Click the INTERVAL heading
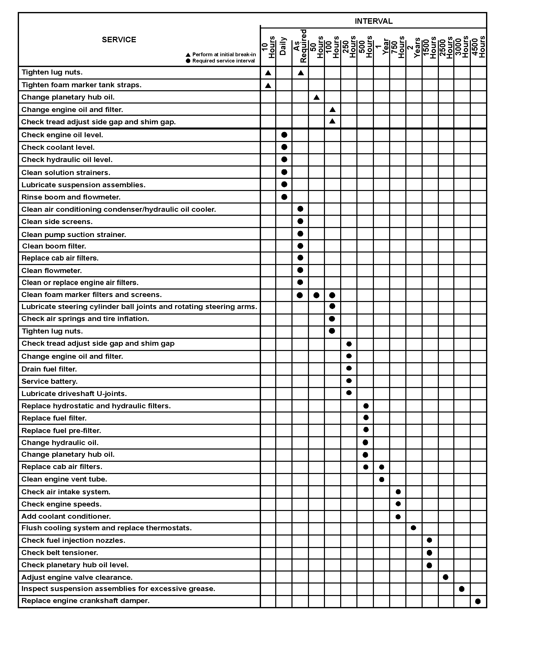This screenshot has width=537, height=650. [373, 21]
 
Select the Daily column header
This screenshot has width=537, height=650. [283, 46]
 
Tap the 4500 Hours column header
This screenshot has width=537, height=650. [478, 47]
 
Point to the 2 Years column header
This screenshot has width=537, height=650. [413, 47]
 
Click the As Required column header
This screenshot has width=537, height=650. [300, 46]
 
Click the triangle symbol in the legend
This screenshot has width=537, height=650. [188, 55]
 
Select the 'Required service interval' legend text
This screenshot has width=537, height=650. [223, 61]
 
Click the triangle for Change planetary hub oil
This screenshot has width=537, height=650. [316, 97]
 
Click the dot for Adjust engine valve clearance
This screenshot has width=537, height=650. [446, 577]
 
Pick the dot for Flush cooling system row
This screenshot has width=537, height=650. [413, 528]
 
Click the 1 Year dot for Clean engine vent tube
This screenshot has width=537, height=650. [381, 479]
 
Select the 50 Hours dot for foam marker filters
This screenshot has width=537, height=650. [316, 295]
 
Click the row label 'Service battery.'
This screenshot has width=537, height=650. [49, 381]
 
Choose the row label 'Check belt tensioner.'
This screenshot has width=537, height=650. [60, 552]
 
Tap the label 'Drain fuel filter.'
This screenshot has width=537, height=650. [49, 369]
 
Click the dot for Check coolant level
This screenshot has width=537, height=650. [284, 147]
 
